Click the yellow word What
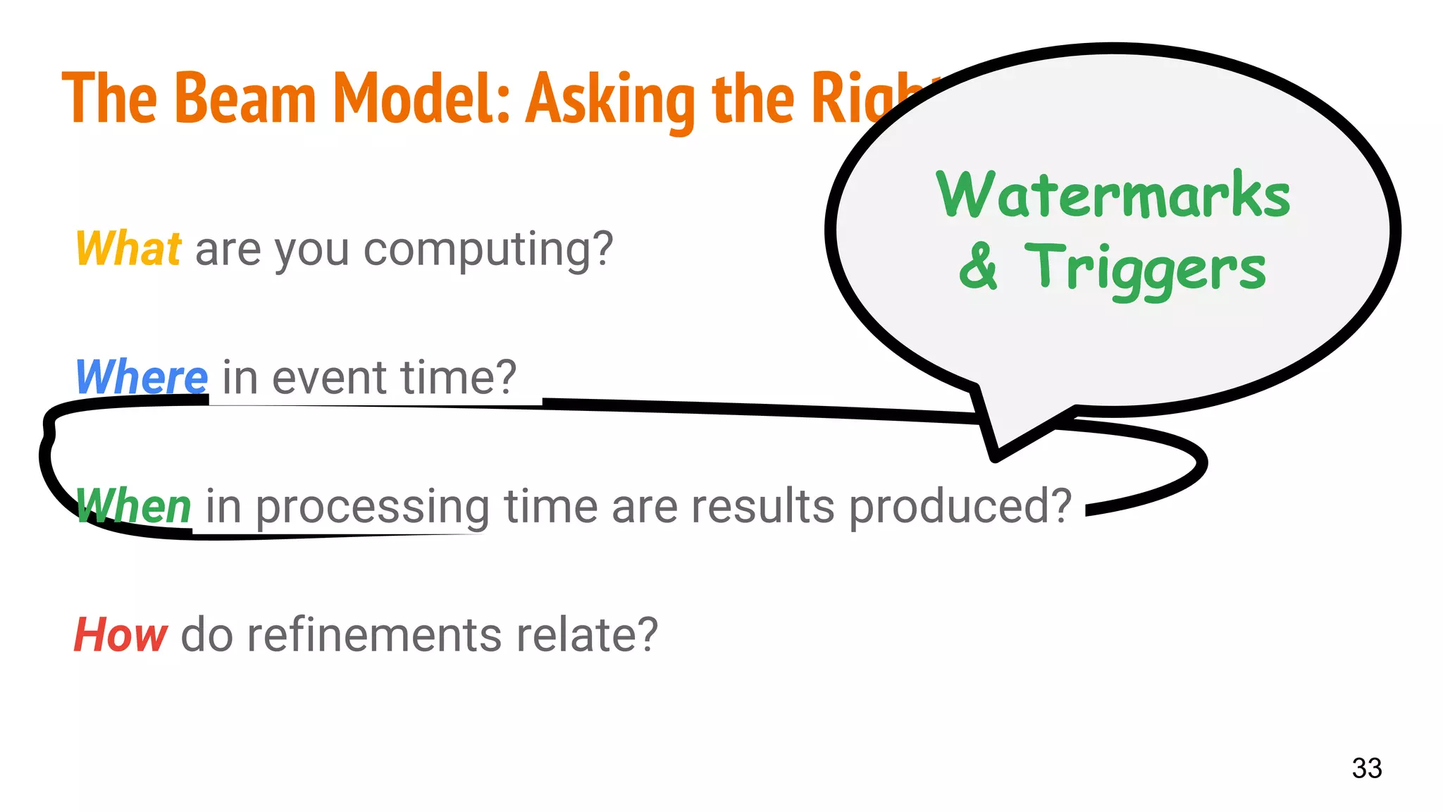pos(128,249)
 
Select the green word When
pos(134,506)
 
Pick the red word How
pos(120,634)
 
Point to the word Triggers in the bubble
pos(1145,269)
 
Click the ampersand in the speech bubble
pos(979,266)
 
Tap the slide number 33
pos(1366,768)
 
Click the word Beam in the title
pos(244,99)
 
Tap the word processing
pos(372,508)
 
